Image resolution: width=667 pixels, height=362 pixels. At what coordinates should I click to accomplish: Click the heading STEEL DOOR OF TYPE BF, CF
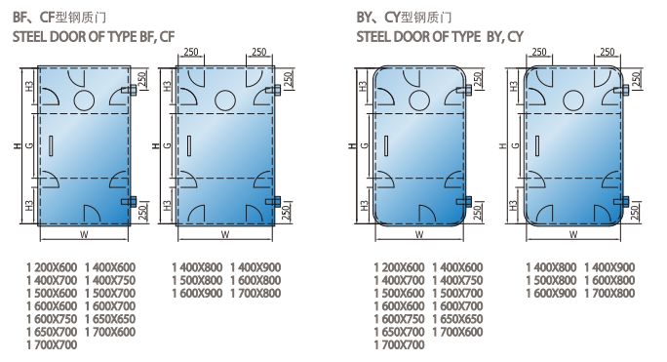[94, 37]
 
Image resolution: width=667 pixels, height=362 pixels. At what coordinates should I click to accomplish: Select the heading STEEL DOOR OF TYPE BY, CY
[440, 37]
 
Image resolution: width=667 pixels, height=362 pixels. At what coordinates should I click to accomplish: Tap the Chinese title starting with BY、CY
[404, 17]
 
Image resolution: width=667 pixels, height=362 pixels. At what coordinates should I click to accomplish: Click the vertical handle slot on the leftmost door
[51, 145]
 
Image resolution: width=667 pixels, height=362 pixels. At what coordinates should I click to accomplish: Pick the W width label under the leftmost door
[84, 234]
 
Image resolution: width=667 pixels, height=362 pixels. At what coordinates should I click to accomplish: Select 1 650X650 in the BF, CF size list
[110, 319]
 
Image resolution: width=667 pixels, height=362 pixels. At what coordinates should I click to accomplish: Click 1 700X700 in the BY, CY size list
[400, 345]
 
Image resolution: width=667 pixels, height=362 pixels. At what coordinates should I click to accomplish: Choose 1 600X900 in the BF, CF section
[197, 294]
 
